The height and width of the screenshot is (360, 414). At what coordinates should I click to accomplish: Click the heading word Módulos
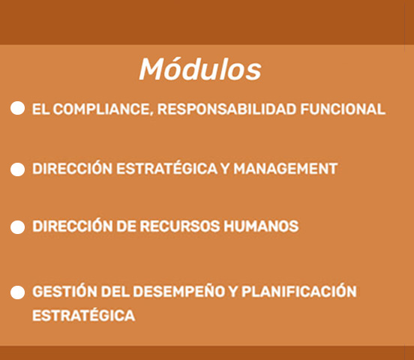point(200,69)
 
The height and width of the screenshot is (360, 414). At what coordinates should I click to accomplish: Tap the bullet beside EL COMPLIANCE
point(18,108)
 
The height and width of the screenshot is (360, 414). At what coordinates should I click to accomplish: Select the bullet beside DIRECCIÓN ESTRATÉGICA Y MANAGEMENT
point(18,169)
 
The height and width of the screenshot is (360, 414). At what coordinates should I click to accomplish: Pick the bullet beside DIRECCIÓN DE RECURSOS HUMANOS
point(18,227)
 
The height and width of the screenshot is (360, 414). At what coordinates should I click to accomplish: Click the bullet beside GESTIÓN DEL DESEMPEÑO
point(18,292)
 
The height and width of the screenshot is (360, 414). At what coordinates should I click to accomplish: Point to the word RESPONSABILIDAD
point(226,109)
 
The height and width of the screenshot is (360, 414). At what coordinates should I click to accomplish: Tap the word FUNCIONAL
point(343,109)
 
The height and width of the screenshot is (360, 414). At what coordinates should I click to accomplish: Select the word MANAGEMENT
point(286,169)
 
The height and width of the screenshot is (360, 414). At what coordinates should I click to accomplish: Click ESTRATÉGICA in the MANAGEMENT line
point(166,167)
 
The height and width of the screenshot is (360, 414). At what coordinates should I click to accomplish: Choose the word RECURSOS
point(179,226)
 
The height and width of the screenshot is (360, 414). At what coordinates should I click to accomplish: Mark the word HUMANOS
point(261,226)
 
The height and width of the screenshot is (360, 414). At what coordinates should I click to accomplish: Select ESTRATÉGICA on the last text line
point(83,313)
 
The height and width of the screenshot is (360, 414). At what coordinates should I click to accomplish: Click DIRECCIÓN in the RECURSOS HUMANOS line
point(72,225)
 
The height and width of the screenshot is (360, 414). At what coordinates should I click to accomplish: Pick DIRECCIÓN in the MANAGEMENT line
point(72,167)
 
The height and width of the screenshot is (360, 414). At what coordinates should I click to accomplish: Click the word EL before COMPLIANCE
point(40,109)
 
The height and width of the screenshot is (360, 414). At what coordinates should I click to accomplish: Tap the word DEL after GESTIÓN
point(115,292)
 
